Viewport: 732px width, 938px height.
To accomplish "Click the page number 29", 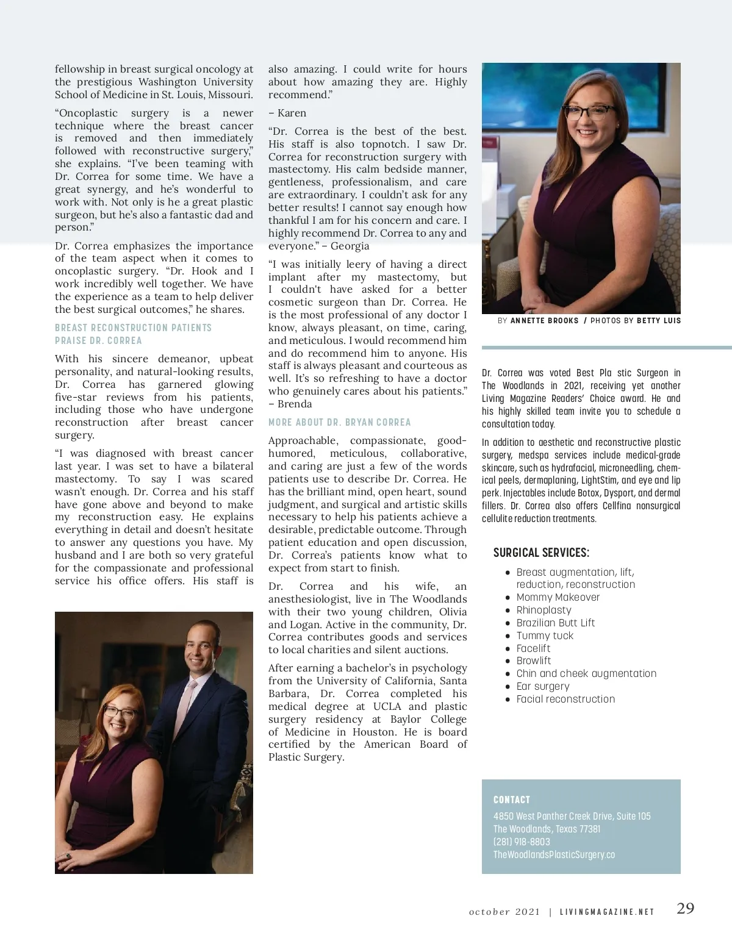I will click(685, 908).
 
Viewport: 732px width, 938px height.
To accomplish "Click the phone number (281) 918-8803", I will click(522, 842).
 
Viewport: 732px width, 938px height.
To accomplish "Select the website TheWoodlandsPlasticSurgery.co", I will click(554, 854).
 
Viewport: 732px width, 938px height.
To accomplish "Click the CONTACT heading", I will click(512, 800).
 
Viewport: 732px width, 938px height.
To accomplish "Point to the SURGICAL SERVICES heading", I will click(541, 553).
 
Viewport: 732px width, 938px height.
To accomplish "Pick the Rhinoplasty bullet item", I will click(544, 610).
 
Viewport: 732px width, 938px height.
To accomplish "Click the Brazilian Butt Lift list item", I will click(555, 623).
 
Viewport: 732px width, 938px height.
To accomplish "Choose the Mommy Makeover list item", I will click(558, 597).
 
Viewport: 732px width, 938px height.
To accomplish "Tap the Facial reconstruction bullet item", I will click(565, 699).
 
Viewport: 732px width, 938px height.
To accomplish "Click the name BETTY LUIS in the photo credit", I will click(659, 320).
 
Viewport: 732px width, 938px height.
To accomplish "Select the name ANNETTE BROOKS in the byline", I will click(544, 320).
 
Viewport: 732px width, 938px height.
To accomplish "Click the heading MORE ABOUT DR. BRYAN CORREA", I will click(339, 422).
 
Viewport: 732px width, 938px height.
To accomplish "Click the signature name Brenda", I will click(295, 404).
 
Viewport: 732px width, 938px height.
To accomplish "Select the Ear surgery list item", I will click(542, 686).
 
